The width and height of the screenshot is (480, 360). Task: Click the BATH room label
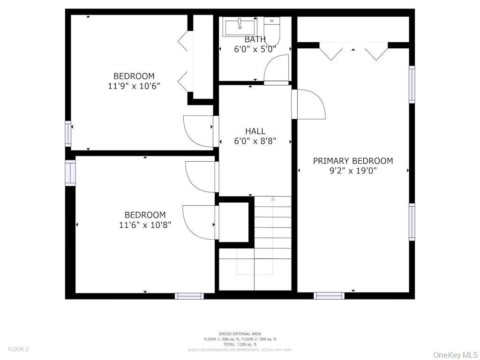click(255, 39)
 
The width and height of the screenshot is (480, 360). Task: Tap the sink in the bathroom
click(240, 26)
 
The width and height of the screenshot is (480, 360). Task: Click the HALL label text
click(255, 131)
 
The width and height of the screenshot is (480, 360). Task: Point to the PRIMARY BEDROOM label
click(353, 161)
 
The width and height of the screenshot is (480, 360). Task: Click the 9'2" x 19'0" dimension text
click(353, 171)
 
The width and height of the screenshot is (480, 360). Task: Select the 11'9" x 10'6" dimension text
click(134, 86)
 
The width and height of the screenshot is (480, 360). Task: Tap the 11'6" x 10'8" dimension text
click(145, 225)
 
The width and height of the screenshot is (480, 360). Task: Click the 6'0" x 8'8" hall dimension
click(255, 141)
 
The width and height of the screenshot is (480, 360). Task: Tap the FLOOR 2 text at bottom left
click(18, 349)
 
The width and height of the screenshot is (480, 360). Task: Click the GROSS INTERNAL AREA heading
click(240, 334)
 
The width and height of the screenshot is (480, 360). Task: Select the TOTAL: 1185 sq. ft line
click(240, 345)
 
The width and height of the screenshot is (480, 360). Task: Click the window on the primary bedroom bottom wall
click(329, 296)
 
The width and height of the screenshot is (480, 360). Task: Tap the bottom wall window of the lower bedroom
click(189, 296)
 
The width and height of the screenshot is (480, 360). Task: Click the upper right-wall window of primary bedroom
click(412, 84)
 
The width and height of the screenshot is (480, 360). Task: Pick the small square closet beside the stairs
click(233, 222)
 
